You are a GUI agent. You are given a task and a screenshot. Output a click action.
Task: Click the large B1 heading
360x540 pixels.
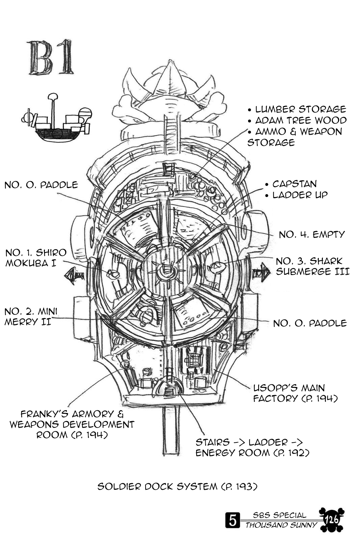click(x=51, y=58)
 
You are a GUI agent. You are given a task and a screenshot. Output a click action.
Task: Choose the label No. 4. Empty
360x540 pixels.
click(x=312, y=234)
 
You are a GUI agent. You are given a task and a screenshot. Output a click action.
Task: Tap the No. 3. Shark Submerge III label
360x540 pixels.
click(x=312, y=266)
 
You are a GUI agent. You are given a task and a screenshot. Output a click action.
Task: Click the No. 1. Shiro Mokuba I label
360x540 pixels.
click(x=36, y=258)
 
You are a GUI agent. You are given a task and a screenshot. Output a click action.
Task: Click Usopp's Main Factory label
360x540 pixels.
click(x=295, y=393)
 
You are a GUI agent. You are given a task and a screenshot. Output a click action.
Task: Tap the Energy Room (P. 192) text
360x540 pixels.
click(x=252, y=453)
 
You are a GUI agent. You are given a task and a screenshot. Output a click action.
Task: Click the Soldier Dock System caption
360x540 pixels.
click(x=178, y=486)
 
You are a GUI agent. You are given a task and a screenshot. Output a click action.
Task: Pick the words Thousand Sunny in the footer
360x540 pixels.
click(x=281, y=525)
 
